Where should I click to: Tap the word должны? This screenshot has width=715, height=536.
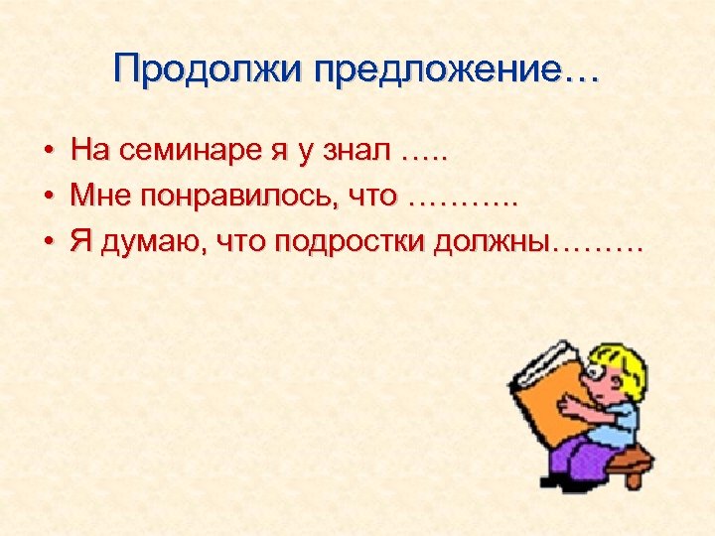point(493,242)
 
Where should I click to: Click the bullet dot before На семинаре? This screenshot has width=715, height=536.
point(48,152)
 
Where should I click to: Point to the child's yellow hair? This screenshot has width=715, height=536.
point(624,368)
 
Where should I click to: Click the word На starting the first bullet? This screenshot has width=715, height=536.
point(91,151)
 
